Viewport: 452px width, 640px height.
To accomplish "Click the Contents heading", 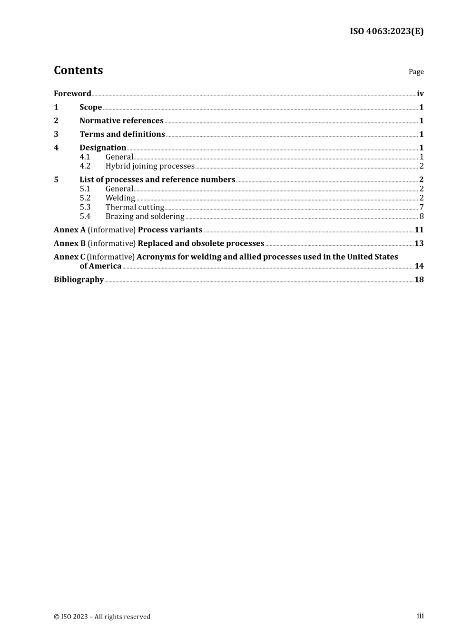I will (x=78, y=70).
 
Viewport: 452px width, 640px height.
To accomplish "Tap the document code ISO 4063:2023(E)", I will (x=386, y=31).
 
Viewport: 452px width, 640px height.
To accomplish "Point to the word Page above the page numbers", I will (x=416, y=72).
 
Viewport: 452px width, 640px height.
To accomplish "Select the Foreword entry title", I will (x=72, y=94).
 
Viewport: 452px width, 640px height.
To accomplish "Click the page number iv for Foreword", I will (x=420, y=94).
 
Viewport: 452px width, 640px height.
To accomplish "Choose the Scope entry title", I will (x=90, y=107).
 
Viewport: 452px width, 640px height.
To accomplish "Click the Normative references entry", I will (x=121, y=121).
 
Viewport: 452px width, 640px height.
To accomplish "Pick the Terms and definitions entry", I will (x=122, y=134).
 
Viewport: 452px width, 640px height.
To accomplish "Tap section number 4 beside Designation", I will (x=56, y=148).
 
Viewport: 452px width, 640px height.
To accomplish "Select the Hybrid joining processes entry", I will (x=150, y=166).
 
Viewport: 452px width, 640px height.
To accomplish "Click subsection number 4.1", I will (x=85, y=157).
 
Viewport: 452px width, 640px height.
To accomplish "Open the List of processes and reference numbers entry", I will (x=157, y=180).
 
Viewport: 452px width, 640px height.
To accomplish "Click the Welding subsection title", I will (x=120, y=198).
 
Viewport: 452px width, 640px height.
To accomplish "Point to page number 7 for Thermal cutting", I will (x=422, y=207).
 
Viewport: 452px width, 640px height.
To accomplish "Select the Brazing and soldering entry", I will (x=145, y=217).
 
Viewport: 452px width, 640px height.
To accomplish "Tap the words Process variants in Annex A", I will (x=170, y=230).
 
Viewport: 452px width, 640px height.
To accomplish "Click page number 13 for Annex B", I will (x=419, y=243).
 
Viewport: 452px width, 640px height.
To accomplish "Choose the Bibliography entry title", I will (x=79, y=280).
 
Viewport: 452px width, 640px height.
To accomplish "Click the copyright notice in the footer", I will (x=102, y=617).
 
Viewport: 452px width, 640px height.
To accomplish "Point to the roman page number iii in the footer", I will (x=420, y=616).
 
